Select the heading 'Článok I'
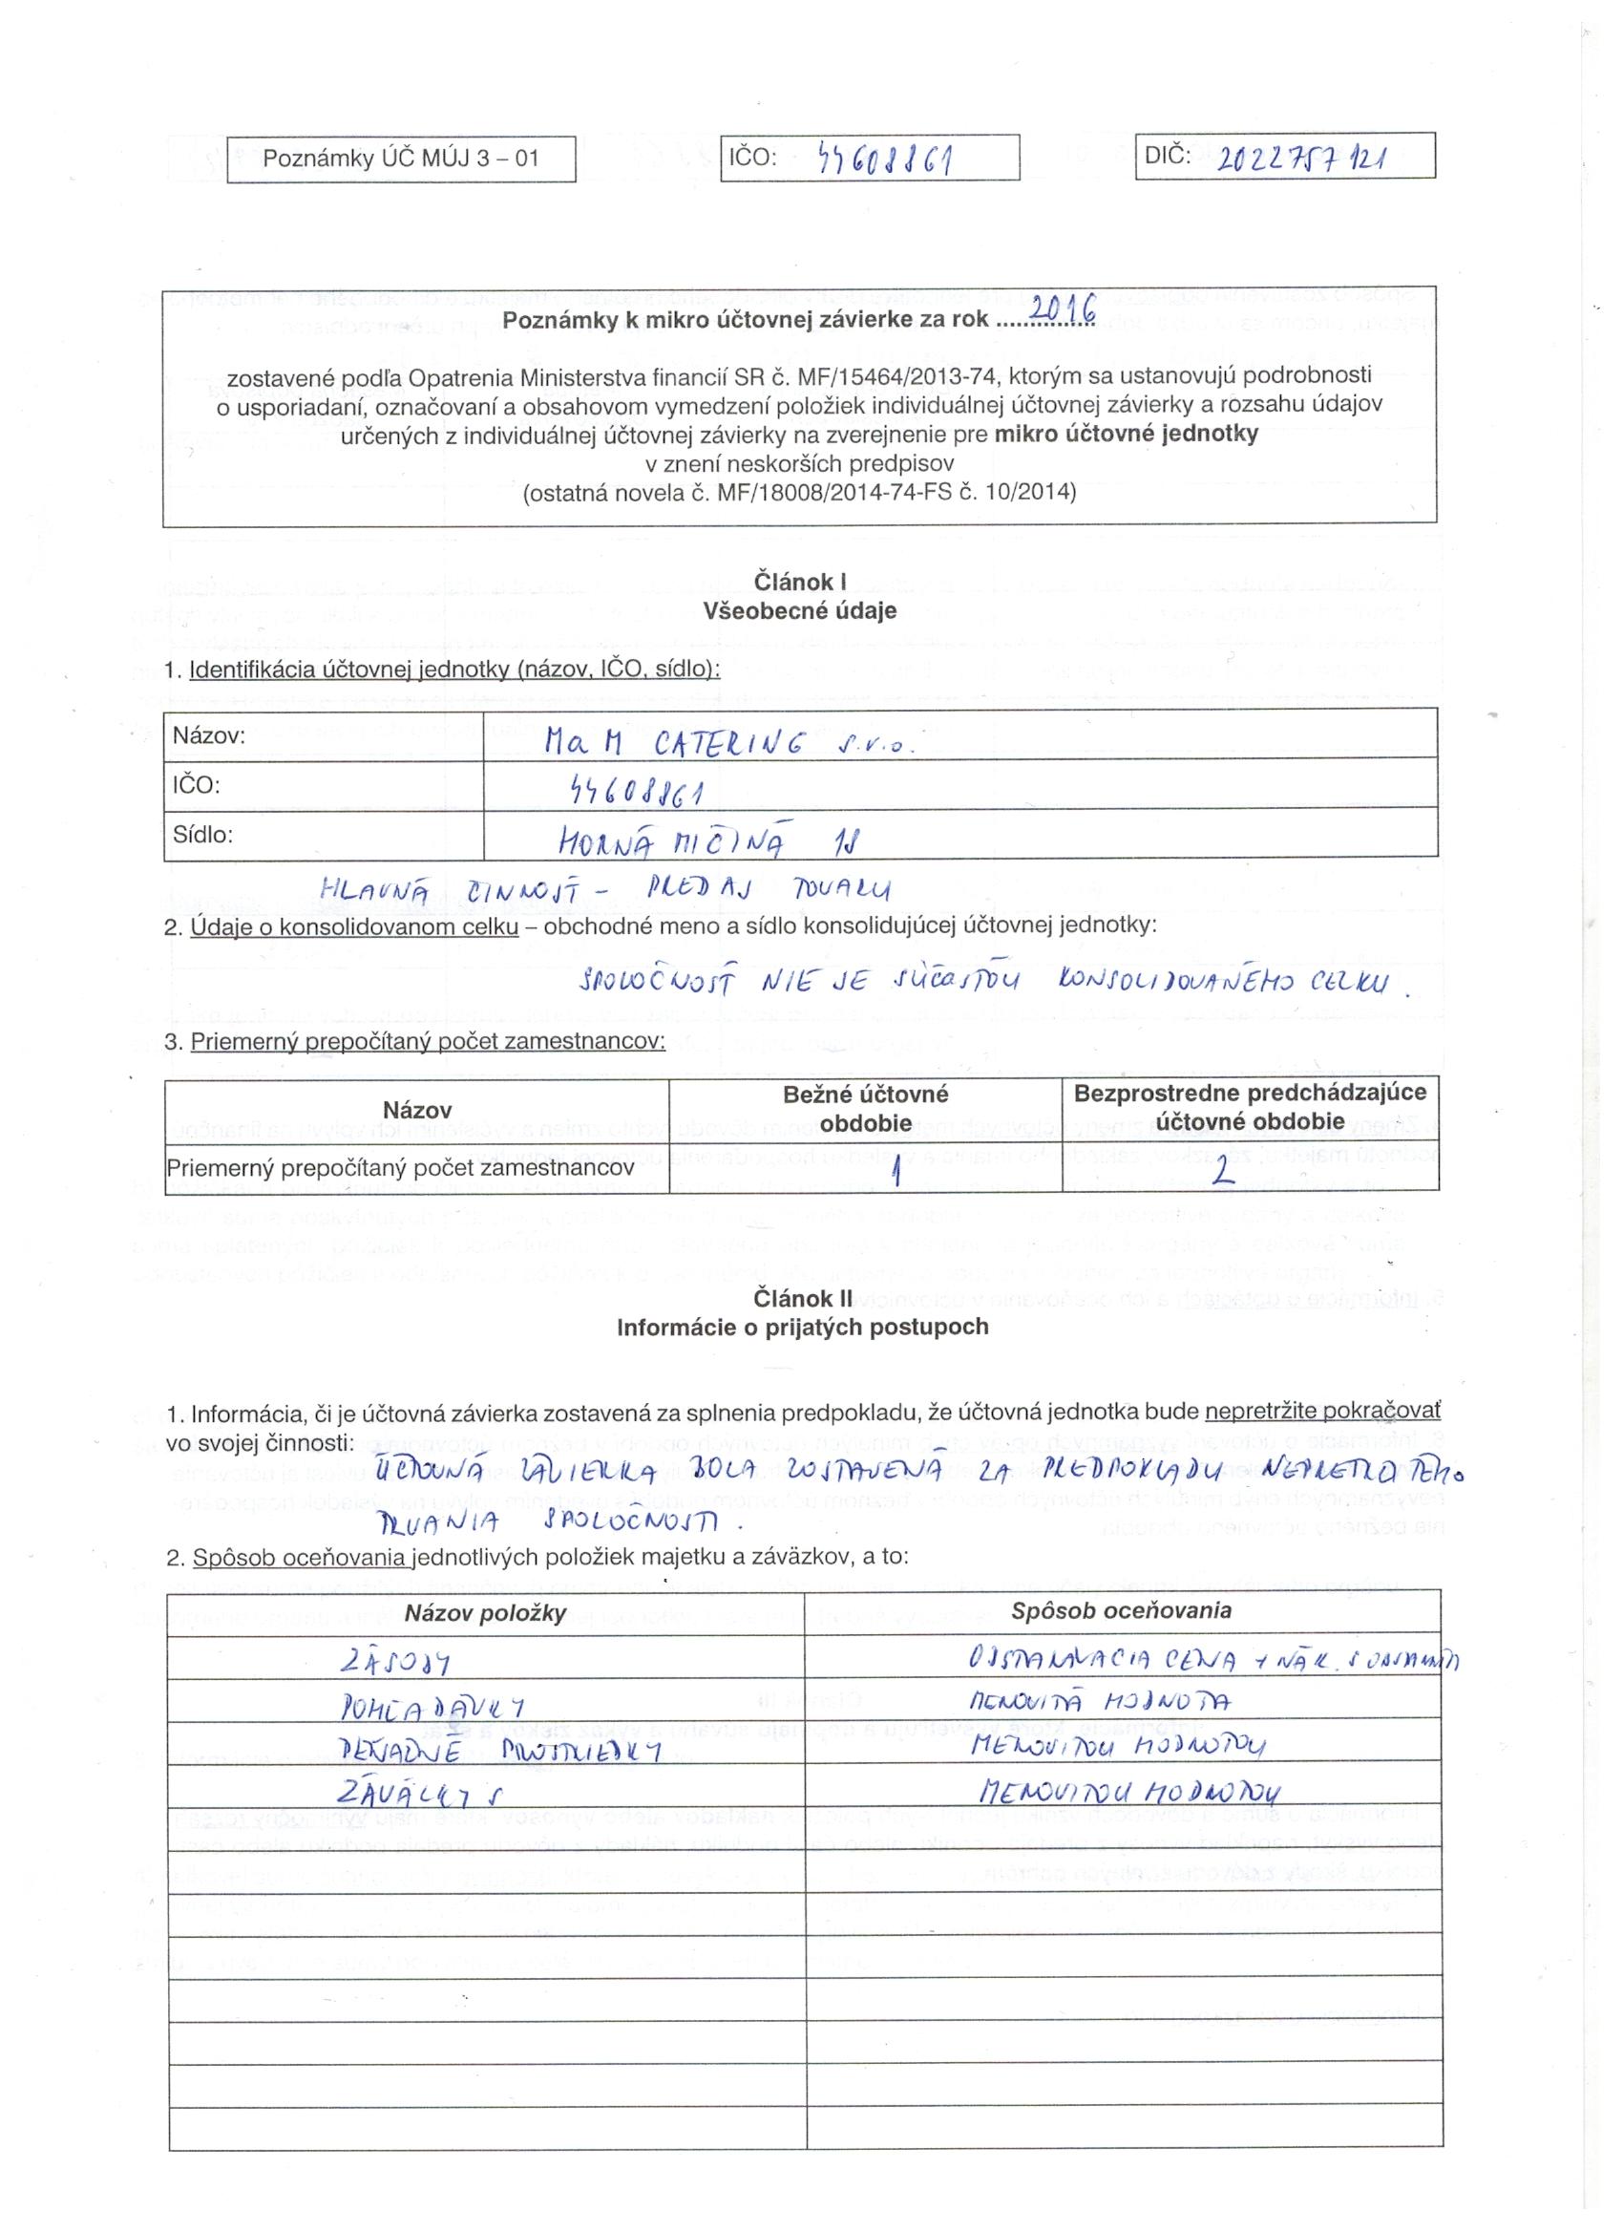click(x=799, y=582)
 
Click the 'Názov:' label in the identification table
click(x=209, y=734)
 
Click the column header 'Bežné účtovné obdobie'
click(x=865, y=1108)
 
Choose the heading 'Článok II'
click(x=802, y=1299)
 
